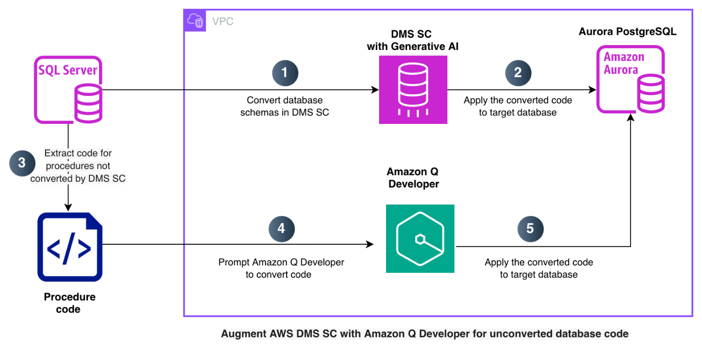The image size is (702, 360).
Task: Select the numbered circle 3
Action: [22, 163]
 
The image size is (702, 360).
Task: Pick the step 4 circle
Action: [282, 229]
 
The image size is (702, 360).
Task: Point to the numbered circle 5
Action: [530, 229]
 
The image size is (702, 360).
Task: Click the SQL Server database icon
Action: [69, 90]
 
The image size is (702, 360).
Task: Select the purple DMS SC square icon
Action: [413, 90]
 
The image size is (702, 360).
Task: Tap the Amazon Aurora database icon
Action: [630, 80]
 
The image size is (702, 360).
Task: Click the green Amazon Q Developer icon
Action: [420, 239]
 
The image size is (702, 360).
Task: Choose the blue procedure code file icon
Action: [70, 246]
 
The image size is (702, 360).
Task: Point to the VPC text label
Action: [222, 21]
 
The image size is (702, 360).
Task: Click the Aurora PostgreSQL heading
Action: [628, 32]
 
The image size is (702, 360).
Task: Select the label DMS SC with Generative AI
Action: [413, 40]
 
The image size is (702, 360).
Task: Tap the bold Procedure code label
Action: [70, 303]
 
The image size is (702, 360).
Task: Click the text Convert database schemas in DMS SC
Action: [285, 106]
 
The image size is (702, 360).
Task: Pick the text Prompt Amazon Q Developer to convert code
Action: [281, 268]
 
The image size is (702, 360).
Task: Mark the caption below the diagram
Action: [424, 334]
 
